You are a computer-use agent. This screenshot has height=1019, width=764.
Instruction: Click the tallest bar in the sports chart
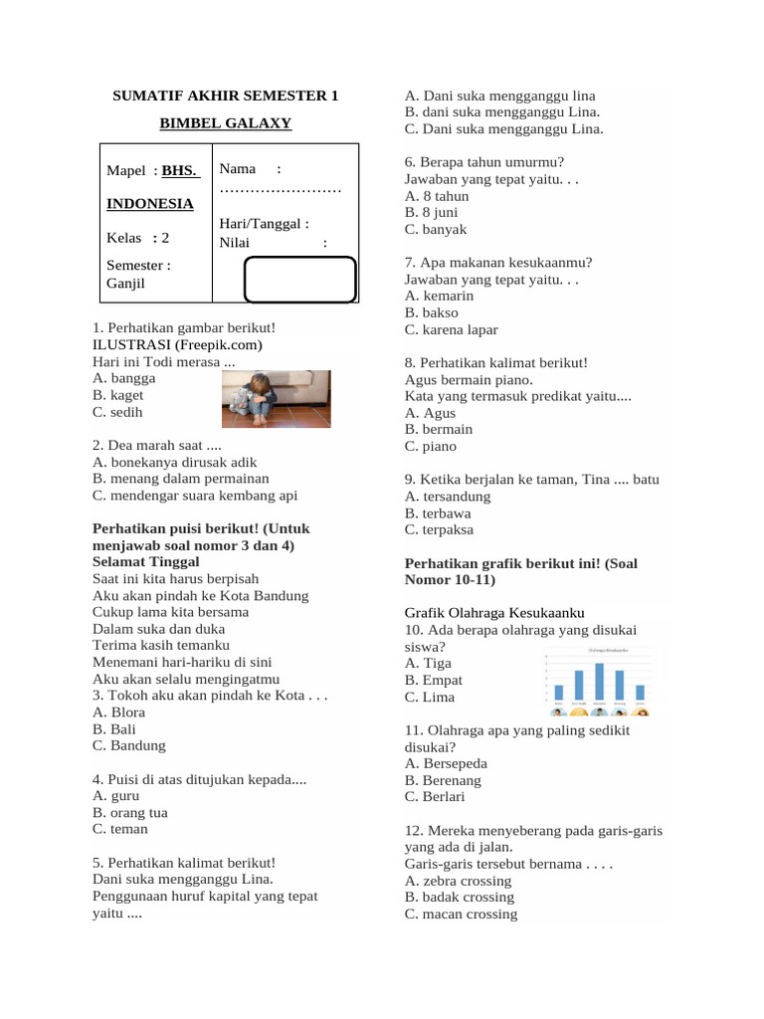pos(599,683)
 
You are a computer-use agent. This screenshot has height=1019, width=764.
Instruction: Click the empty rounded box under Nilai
pos(300,279)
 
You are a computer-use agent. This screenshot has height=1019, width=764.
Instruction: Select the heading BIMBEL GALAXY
pos(226,123)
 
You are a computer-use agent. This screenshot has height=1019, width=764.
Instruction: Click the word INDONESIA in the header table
pos(150,203)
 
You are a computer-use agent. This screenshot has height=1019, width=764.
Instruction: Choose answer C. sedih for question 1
pos(117,412)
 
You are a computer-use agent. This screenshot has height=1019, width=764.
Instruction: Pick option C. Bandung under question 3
pos(129,745)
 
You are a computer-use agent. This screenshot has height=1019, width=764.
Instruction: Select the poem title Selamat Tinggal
pos(146,562)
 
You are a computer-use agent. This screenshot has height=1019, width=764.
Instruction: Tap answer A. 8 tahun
pos(437,196)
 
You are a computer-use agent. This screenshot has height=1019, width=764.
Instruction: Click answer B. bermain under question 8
pos(439,429)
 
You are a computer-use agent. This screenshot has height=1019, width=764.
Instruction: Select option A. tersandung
pos(448,496)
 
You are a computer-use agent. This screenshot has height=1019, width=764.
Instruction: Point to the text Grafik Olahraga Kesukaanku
pos(494,613)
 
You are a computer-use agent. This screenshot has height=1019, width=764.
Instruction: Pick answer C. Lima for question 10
pos(430,697)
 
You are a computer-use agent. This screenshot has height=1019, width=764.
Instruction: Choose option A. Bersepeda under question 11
pos(446,763)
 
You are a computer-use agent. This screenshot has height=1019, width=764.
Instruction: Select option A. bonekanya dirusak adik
pos(175,462)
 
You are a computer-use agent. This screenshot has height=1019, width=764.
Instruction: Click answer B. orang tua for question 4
pos(129,812)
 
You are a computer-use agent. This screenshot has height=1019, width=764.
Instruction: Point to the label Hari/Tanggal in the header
pos(264,225)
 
